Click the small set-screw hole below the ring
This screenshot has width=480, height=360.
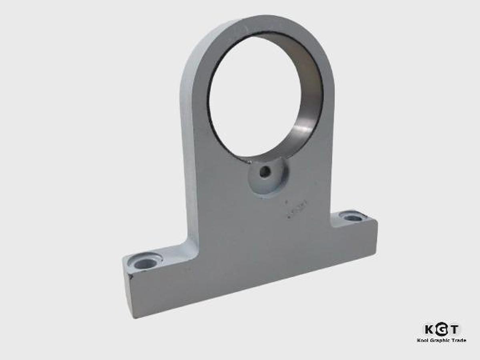[265, 172]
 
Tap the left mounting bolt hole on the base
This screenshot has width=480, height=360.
[145, 263]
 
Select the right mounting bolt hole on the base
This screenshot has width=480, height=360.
[352, 218]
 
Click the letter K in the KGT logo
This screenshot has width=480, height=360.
[429, 329]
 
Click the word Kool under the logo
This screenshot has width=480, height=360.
[423, 340]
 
